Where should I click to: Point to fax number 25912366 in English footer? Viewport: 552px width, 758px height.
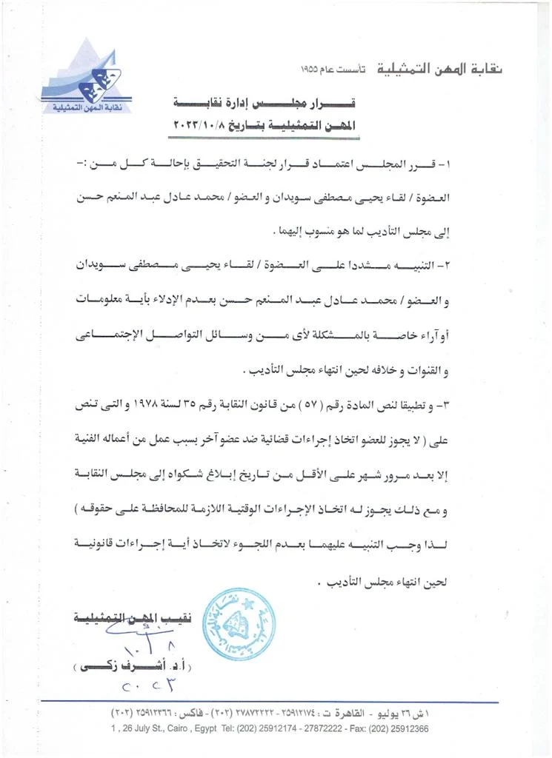click(405, 728)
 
